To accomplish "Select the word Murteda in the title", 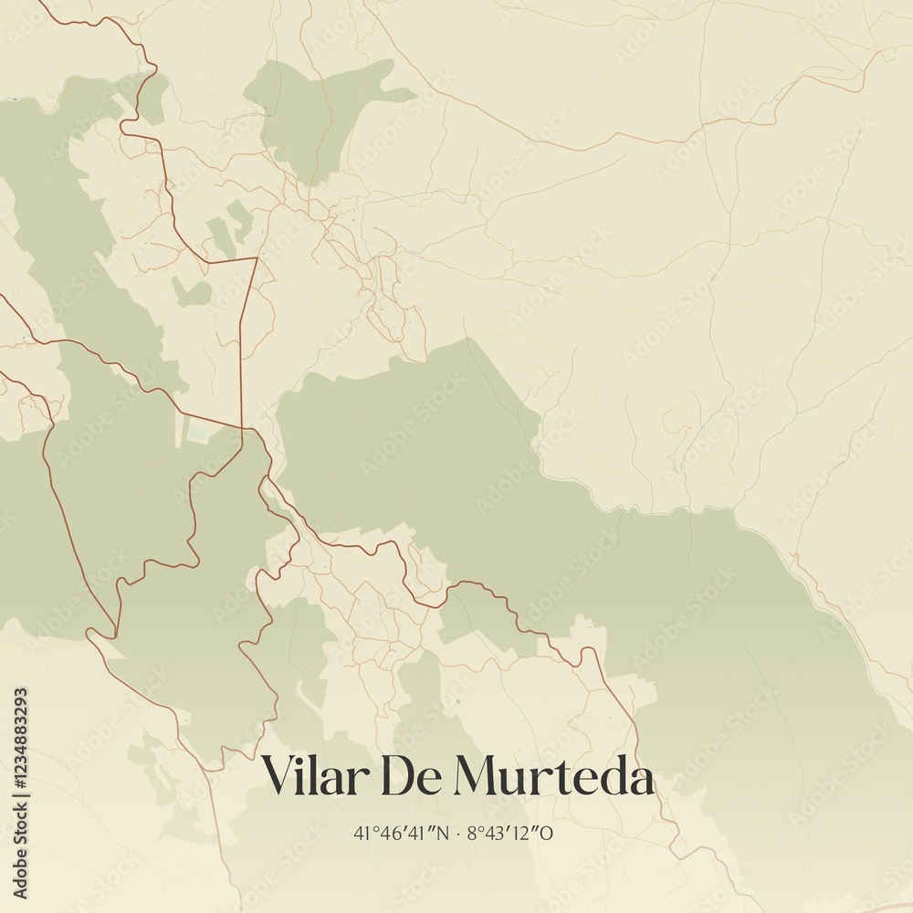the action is tap(553, 777).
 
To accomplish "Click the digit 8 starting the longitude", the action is tap(472, 833).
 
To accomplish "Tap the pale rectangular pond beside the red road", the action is tap(198, 433).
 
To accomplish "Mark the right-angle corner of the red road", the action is tap(257, 259).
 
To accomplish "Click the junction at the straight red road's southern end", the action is tap(242, 427).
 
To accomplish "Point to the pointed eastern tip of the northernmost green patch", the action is tap(415, 93).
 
